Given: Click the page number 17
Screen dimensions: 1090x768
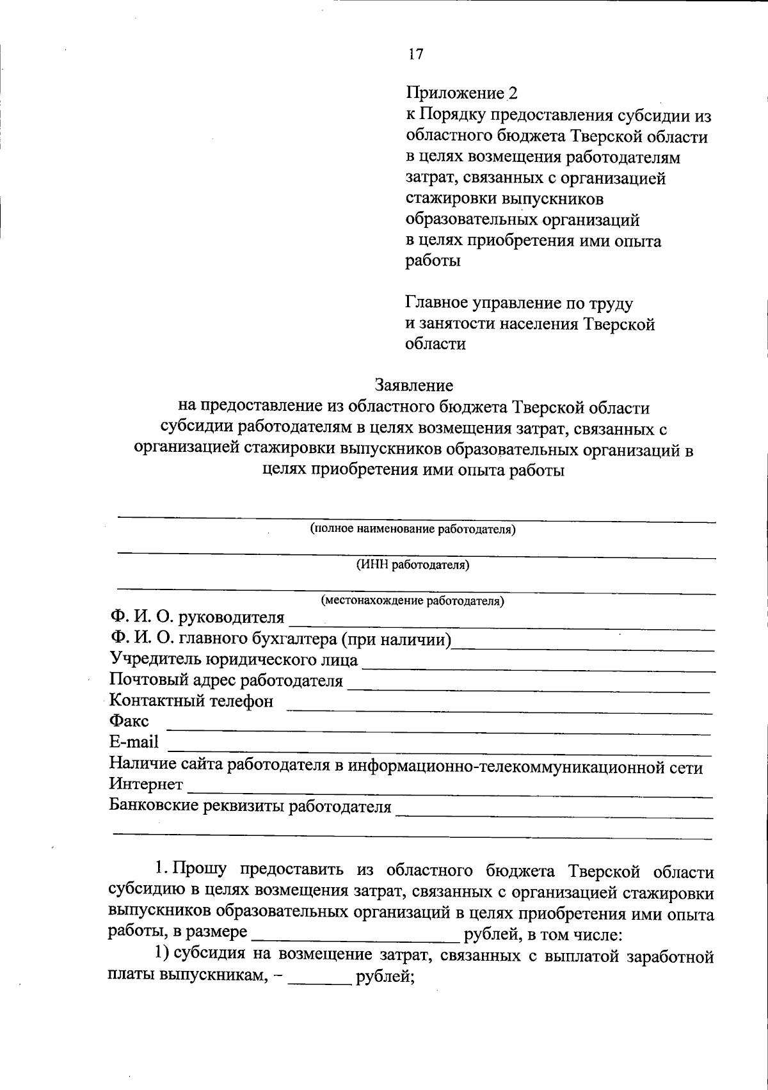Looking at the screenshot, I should point(415,54).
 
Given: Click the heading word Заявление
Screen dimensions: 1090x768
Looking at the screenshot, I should point(414,385).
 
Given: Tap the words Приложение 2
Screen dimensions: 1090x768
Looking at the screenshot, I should point(461,93).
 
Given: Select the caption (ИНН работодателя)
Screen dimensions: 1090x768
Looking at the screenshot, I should point(413,565).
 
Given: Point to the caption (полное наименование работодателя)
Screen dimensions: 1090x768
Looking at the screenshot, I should point(413,529).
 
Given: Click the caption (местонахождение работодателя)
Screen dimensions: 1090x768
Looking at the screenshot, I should point(413,601).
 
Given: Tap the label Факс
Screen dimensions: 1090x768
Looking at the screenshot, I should point(129,721).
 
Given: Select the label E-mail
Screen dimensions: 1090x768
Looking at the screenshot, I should point(134,742).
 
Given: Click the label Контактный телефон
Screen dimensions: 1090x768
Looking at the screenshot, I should point(191,701).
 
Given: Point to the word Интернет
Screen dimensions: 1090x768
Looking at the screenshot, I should point(147,783).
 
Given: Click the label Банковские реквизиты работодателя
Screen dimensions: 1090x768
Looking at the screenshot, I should point(250,806).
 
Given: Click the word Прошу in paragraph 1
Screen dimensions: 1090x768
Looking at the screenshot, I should point(199,870).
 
